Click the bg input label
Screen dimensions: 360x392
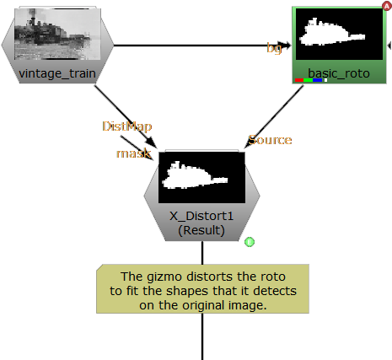point(274,48)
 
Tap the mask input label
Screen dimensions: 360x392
point(133,153)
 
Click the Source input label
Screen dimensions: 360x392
point(269,139)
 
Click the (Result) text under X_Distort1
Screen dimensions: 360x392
point(201,229)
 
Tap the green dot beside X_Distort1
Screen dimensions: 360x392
point(250,243)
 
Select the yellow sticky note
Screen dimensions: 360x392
point(202,290)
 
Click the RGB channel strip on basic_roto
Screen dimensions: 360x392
point(310,80)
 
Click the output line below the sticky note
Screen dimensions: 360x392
point(202,337)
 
